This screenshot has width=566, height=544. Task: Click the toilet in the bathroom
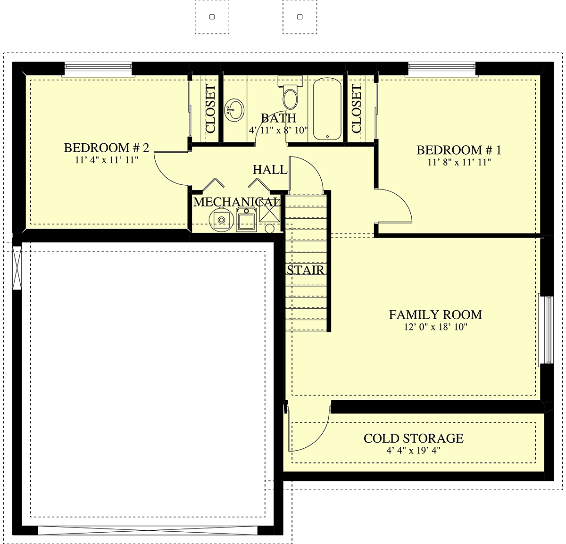tap(290, 92)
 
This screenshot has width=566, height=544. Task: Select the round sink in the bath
tap(234, 110)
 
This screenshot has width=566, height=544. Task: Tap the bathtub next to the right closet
tap(327, 109)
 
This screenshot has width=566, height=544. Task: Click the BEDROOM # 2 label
tap(107, 148)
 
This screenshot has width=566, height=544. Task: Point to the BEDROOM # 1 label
tap(459, 150)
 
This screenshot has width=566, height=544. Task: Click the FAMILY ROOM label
tap(435, 314)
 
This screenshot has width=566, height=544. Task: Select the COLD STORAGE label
tap(413, 438)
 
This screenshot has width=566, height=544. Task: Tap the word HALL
tap(270, 170)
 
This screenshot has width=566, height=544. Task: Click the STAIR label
tap(305, 270)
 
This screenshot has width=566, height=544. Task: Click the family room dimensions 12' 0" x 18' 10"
tap(435, 327)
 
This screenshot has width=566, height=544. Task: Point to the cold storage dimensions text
tap(413, 451)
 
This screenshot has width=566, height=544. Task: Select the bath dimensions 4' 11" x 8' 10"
tap(278, 130)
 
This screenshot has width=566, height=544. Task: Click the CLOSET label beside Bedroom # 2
tap(210, 109)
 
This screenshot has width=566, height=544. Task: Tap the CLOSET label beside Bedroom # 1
tap(356, 108)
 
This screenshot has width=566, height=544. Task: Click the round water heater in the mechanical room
tap(221, 220)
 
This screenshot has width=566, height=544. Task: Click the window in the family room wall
tap(546, 330)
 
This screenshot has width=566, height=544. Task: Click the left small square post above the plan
tap(212, 17)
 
